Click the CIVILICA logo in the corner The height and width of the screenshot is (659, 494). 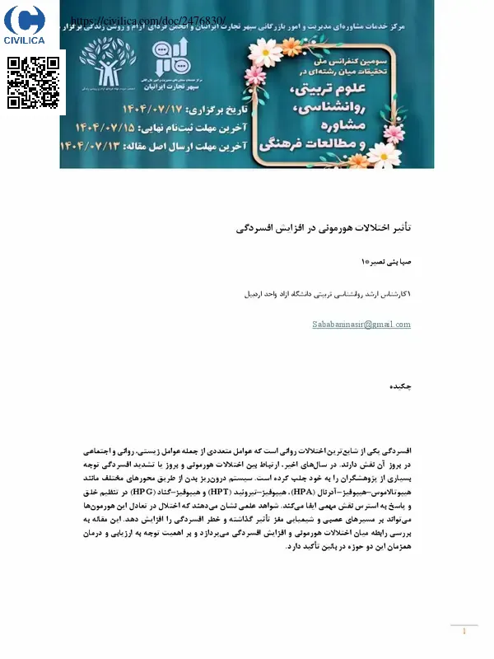click(x=30, y=25)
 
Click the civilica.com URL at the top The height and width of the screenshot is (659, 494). click(x=148, y=20)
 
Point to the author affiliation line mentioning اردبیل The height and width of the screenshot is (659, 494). click(x=329, y=293)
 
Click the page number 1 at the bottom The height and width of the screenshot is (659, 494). click(x=464, y=632)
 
